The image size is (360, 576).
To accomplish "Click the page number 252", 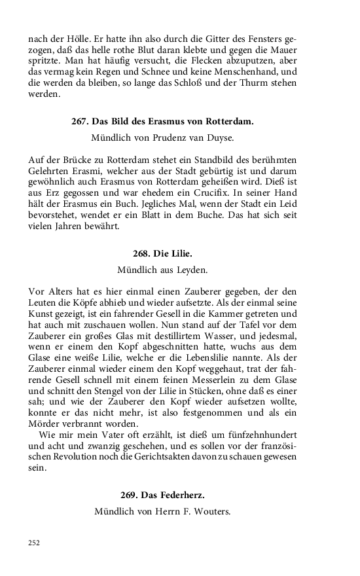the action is point(34,543).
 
